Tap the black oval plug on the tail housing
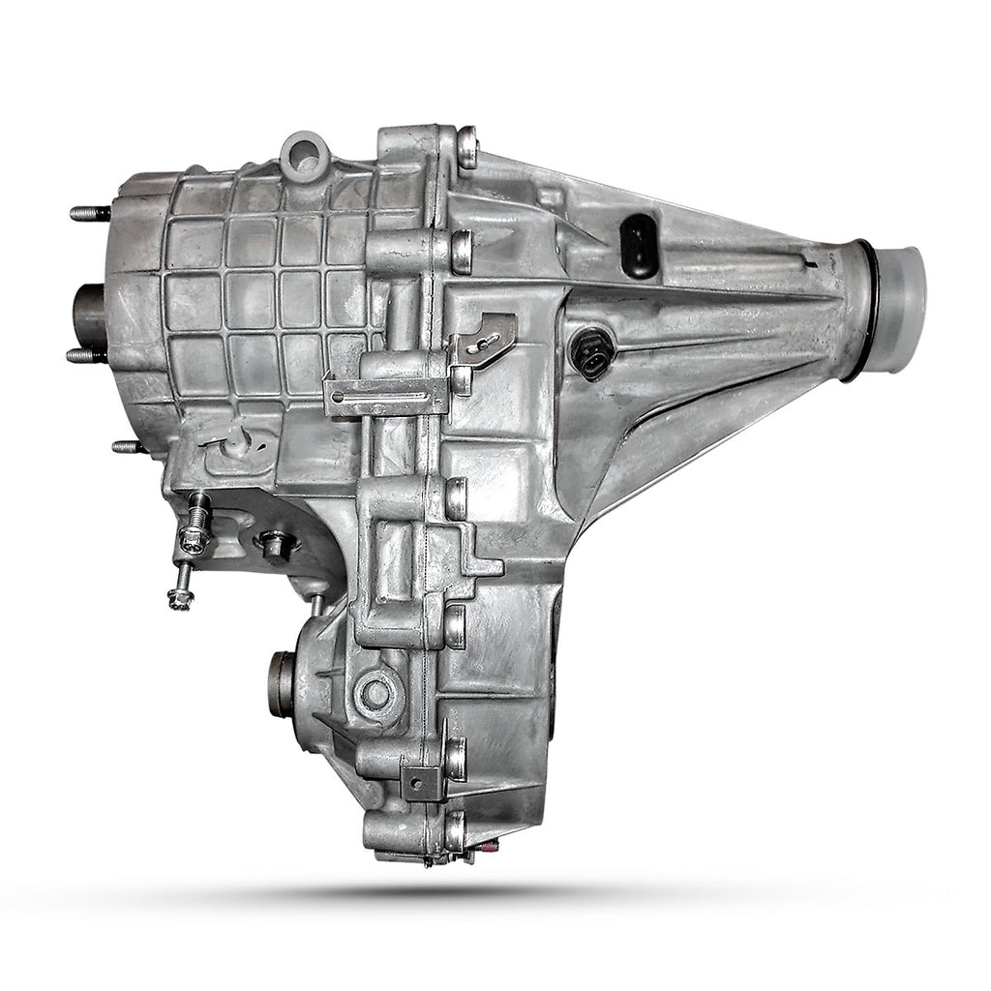point(640,246)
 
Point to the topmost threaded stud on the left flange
point(89,213)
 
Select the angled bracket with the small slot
point(490,335)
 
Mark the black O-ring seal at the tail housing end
point(864,310)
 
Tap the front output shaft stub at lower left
point(282,683)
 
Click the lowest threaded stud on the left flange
point(128,446)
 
